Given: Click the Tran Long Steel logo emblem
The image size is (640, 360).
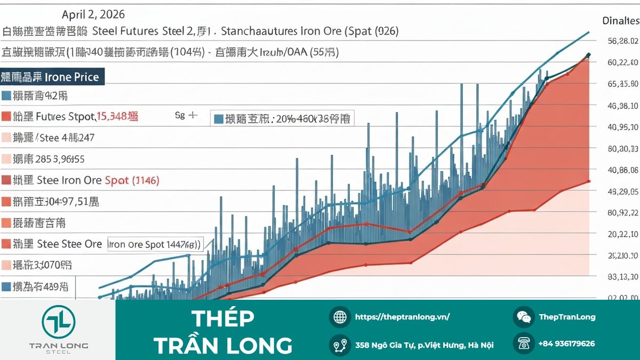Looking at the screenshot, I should tap(59, 322).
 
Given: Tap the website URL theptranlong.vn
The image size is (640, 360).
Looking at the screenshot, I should tap(402, 317).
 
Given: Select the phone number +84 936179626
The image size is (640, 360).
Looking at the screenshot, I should tap(566, 344).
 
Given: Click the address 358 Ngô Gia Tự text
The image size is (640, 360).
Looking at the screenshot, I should tap(424, 345).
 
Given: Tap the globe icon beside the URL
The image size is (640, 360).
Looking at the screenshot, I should tap(340, 317).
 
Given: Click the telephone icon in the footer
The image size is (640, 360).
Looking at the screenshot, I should tap(524, 344).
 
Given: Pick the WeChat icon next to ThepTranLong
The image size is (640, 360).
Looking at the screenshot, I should tap(524, 317).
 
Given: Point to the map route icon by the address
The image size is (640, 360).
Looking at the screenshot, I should tap(340, 345).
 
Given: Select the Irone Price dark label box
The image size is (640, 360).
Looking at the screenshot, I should tap(52, 77).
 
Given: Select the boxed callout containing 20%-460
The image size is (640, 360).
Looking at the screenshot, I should tap(283, 118).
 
